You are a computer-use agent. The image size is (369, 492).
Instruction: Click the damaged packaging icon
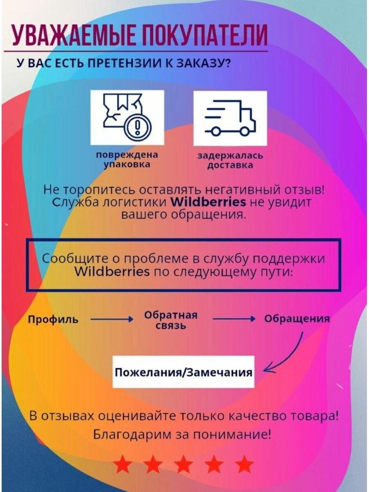pos(127,118)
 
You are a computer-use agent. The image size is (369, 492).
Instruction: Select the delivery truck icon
pos(230,118)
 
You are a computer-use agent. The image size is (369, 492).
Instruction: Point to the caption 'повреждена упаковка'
pos(127,160)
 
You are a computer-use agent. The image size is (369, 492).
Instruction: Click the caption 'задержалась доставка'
pos(230,161)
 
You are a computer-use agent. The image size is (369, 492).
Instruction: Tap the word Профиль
pos(53,319)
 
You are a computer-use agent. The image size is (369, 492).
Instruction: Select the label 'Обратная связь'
pos(171,320)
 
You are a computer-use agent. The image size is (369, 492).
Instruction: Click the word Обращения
pos(296,319)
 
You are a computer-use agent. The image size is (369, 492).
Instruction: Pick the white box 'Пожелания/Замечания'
pos(183,372)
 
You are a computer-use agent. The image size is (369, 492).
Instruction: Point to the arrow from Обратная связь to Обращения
pos(234,319)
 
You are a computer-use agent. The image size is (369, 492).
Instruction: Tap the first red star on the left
pos(123,465)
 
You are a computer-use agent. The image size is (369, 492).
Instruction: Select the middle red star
pos(184,465)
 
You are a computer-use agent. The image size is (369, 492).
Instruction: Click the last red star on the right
pos(244,465)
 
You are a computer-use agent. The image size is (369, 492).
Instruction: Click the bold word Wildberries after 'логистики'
pos(208,202)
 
